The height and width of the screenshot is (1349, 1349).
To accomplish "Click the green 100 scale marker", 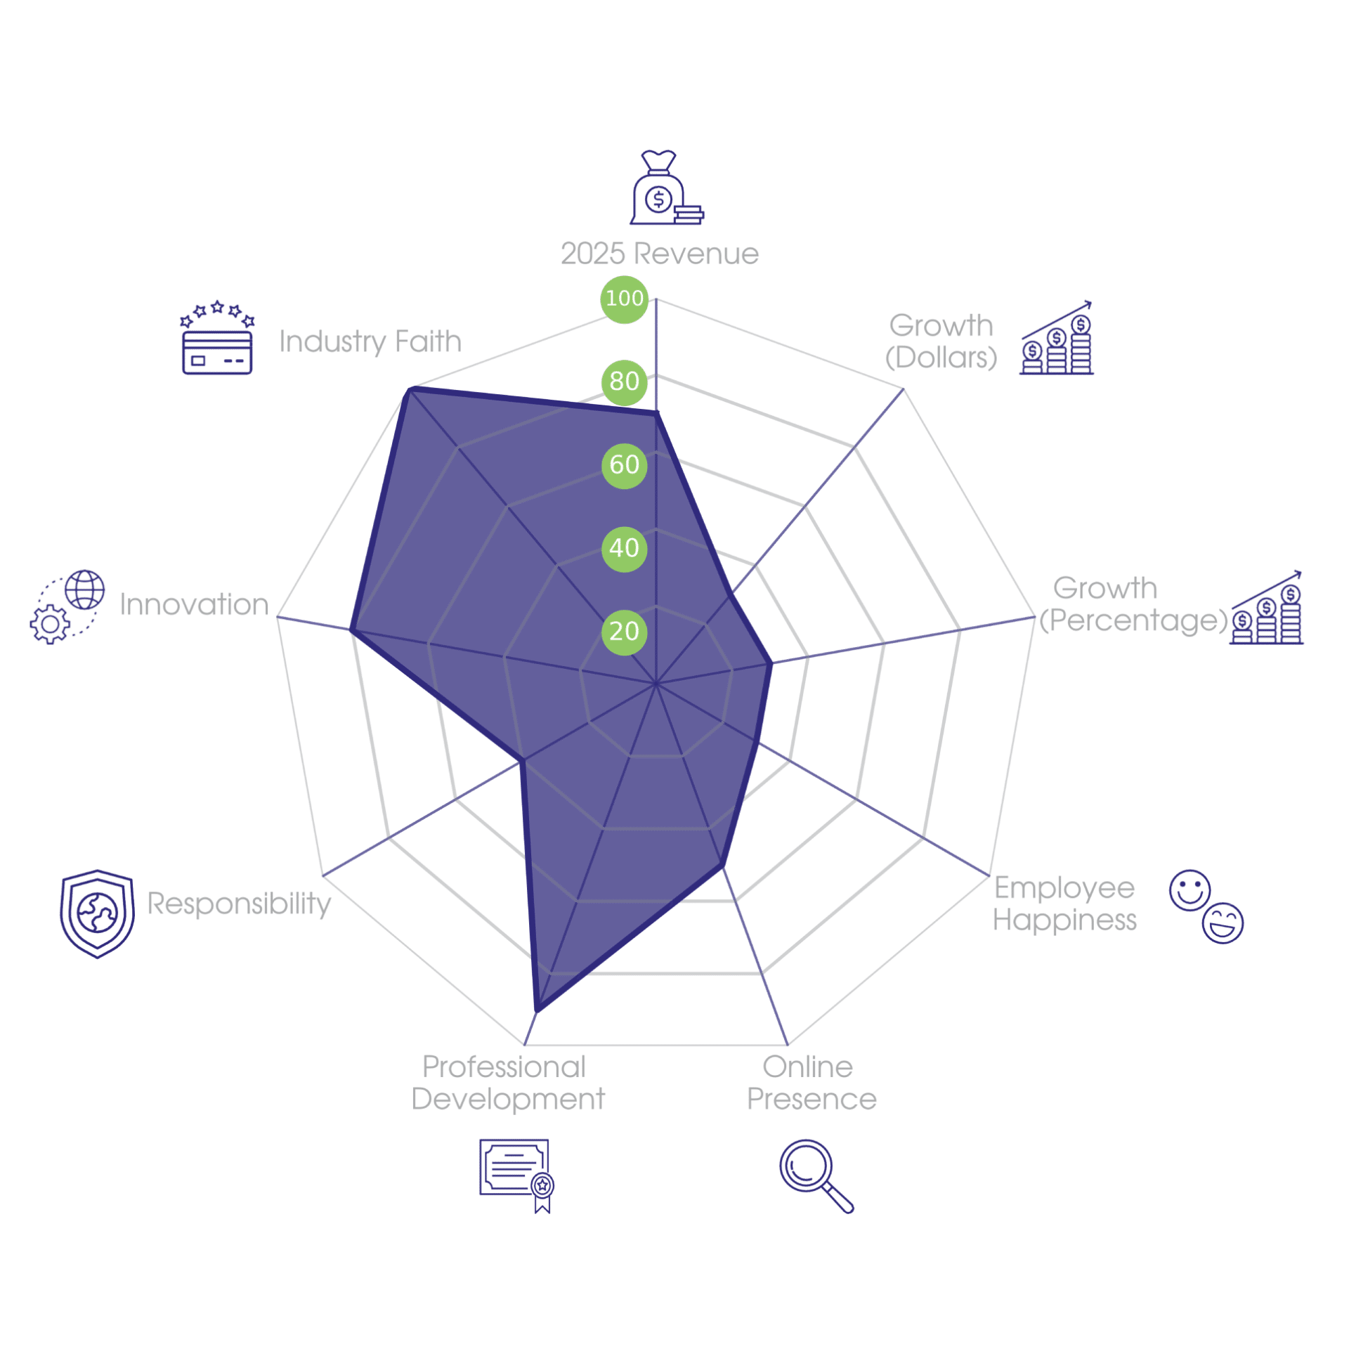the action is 624,299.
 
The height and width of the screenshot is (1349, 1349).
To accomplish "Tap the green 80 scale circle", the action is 624,382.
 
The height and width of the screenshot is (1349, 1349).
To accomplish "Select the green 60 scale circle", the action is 624,465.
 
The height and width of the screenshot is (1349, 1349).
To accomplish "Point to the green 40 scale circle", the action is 624,549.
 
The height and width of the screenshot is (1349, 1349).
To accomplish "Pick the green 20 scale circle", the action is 624,632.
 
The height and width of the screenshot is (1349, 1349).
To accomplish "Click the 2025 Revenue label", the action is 660,254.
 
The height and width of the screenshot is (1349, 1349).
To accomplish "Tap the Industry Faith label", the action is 370,342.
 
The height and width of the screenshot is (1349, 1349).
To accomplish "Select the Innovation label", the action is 195,604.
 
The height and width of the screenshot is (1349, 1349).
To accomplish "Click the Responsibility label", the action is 239,904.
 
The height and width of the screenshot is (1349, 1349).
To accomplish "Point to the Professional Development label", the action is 507,1083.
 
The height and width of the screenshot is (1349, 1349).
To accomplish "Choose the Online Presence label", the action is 812,1083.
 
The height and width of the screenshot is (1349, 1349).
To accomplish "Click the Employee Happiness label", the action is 1064,904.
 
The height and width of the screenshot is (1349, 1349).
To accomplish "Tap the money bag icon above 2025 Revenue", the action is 666,188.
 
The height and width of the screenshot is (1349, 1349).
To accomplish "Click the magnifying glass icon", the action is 816,1176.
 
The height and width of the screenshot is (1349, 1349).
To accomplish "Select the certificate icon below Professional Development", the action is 516,1176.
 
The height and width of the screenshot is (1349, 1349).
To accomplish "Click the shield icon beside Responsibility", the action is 97,914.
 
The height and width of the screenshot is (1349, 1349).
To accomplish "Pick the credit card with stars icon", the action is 217,338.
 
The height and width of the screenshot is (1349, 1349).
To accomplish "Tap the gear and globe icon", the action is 67,607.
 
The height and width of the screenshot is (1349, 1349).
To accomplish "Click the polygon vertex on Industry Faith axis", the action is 409,389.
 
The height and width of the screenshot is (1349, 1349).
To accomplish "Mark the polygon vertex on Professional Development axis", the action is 537,1010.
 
